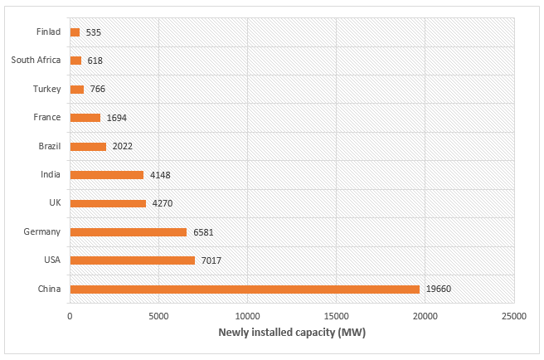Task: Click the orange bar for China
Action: (x=245, y=289)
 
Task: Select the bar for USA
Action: (x=132, y=260)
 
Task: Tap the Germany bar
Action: (x=129, y=232)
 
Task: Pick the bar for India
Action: (x=107, y=175)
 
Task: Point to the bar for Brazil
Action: (x=88, y=147)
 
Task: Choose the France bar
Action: (x=85, y=118)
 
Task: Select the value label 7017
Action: (x=211, y=260)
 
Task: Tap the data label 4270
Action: (x=162, y=203)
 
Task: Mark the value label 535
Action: (x=93, y=32)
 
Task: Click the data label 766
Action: (x=98, y=90)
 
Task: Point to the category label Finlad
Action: (x=49, y=32)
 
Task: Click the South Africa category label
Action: (x=36, y=61)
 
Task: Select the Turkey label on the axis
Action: (x=47, y=90)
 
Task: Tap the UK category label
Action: (x=55, y=203)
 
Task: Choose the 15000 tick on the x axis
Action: (x=336, y=316)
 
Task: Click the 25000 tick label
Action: (x=513, y=316)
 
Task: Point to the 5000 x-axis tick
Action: (x=158, y=316)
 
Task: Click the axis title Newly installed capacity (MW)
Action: (x=292, y=333)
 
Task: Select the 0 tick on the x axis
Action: (x=70, y=316)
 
